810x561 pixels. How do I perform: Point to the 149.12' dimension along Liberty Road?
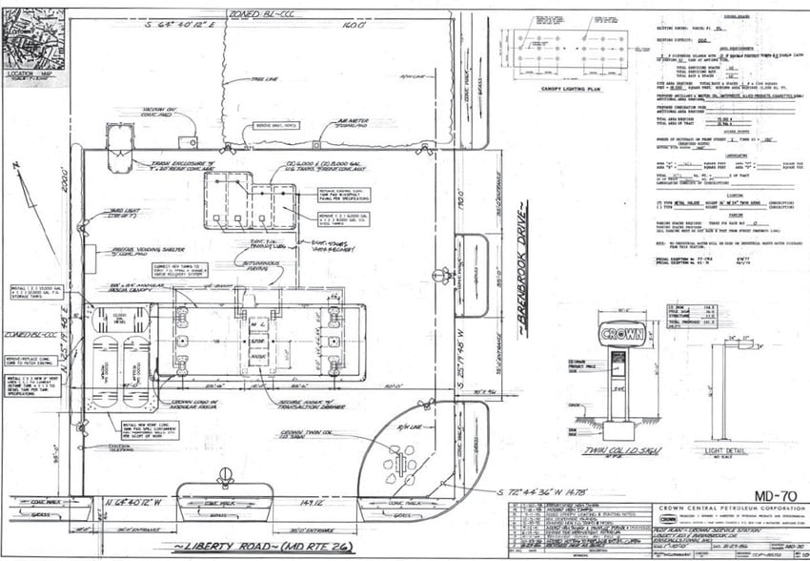click(x=313, y=501)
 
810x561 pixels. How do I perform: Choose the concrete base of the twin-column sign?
click(x=616, y=421)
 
